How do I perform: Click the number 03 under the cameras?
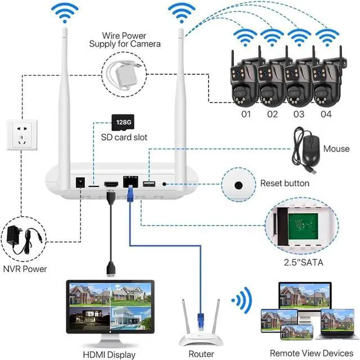[298, 114]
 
